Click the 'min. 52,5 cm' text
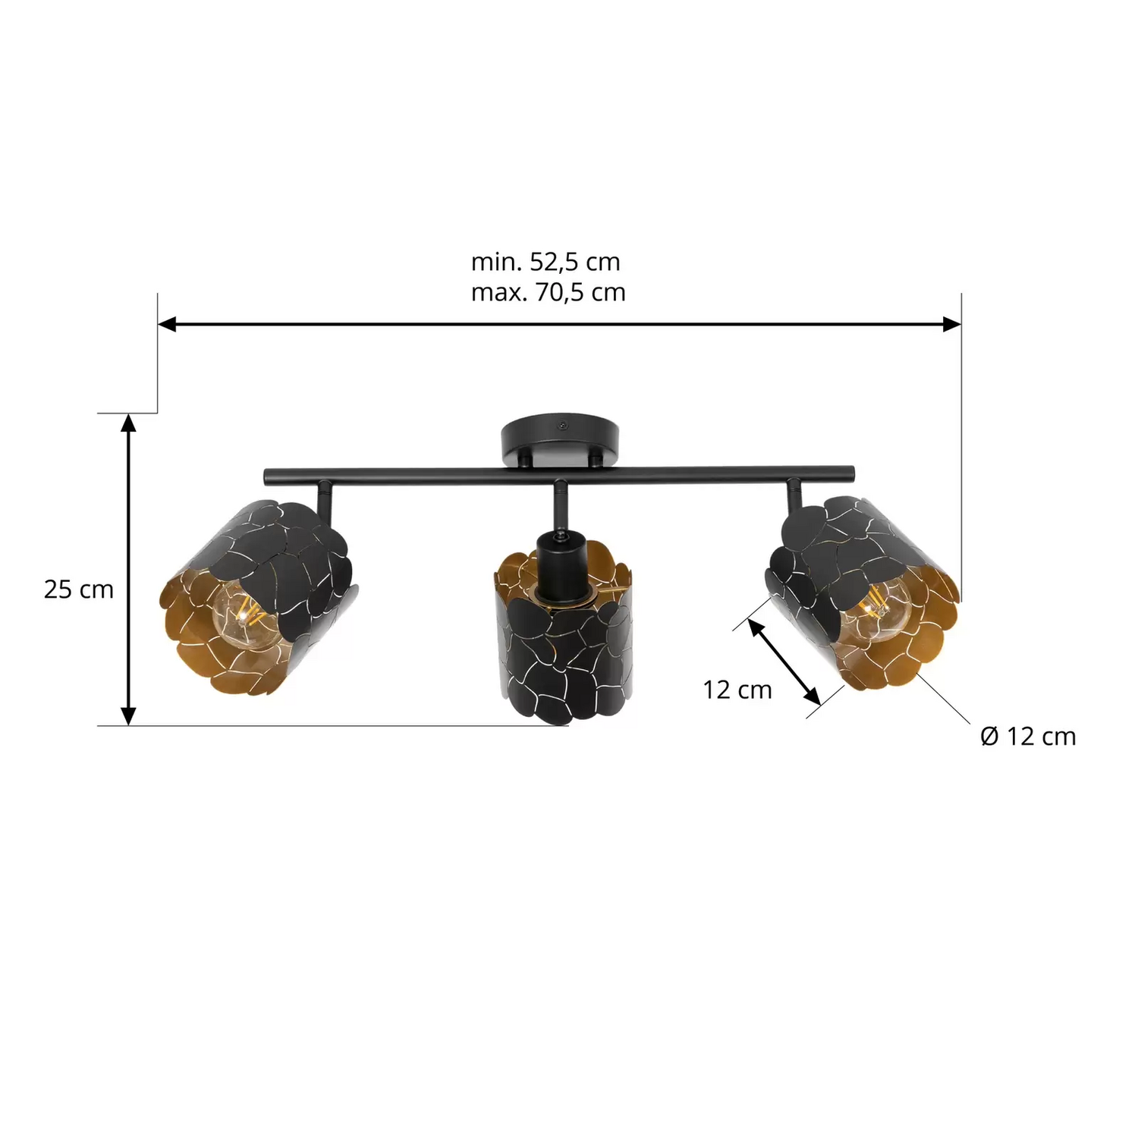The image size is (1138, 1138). tap(545, 262)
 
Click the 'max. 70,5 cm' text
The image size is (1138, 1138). tap(548, 292)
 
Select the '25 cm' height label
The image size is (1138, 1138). tap(78, 589)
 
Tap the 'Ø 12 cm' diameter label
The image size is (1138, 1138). tap(1028, 736)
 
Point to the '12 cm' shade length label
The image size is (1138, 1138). tap(737, 690)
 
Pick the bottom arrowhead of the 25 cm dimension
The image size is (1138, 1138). tap(129, 715)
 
